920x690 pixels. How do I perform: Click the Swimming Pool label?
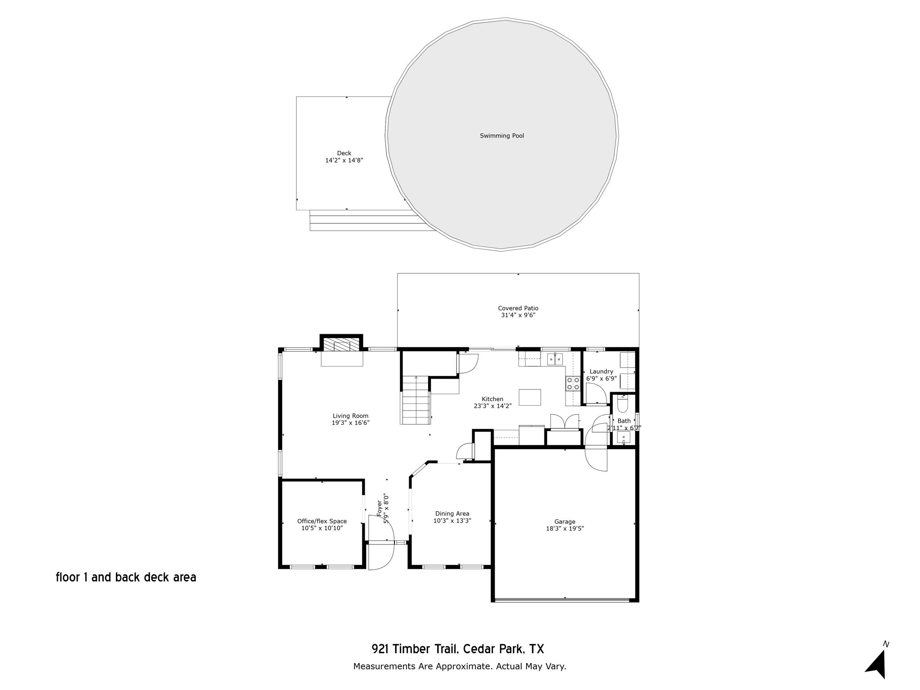[x=502, y=136]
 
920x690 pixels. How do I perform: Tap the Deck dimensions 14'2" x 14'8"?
[x=344, y=160]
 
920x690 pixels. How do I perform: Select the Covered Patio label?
[x=518, y=308]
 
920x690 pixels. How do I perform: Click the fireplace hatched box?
[x=341, y=344]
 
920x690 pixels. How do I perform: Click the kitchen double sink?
[x=555, y=359]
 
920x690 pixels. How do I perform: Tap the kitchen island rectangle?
[x=530, y=397]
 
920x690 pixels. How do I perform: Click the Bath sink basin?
[x=624, y=437]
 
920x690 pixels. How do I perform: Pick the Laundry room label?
[x=601, y=372]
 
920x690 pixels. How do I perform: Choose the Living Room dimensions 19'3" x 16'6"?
[x=350, y=423]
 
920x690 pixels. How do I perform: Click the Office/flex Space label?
[x=322, y=521]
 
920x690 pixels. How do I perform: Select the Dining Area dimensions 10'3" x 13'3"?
[x=452, y=521]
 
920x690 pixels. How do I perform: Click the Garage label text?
[x=565, y=522]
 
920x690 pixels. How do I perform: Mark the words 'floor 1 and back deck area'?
[x=126, y=577]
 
